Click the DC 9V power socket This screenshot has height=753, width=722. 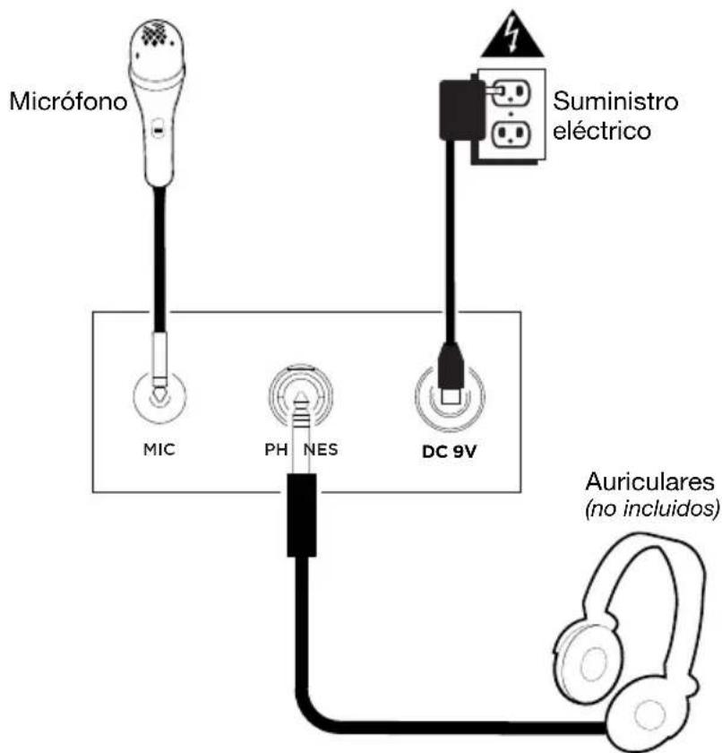click(x=450, y=395)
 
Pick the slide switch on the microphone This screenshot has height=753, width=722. click(x=158, y=131)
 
